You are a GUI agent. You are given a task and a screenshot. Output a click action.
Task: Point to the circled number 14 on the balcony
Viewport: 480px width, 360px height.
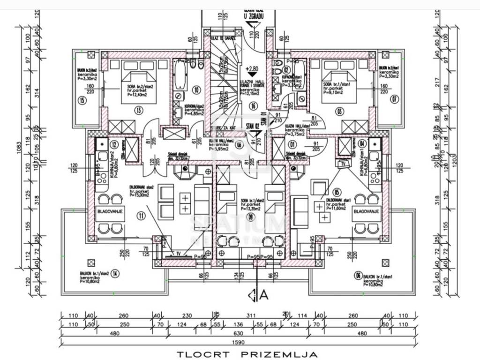point(115,274)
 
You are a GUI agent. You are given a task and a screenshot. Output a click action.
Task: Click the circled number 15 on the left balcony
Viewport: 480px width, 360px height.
point(82,100)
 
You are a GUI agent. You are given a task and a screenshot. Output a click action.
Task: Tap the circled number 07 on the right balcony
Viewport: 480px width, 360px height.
point(395,99)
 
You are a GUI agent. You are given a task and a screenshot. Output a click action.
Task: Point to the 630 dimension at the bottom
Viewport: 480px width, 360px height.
point(240,334)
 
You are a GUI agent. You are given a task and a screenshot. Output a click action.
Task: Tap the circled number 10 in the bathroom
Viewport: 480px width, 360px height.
point(196,90)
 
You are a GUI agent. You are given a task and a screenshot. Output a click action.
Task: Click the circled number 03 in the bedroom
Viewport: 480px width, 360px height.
point(339,111)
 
